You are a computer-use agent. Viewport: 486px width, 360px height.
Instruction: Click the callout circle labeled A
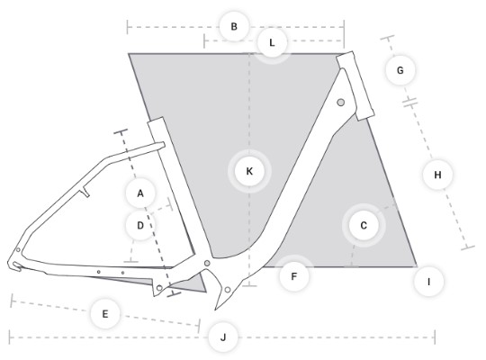140,193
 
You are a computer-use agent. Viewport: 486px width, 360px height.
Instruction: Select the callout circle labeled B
234,26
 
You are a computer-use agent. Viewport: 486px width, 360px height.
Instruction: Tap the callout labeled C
364,225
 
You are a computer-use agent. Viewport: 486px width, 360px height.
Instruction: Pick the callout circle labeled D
140,225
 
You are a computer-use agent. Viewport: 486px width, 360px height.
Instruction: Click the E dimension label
105,314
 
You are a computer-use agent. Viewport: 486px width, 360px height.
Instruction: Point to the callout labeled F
293,276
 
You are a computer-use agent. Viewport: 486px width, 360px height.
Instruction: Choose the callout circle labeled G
400,70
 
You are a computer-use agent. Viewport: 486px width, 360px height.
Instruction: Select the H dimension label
437,175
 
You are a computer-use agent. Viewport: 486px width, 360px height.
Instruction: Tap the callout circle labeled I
428,282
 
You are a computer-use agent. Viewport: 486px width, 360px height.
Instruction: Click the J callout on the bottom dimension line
223,337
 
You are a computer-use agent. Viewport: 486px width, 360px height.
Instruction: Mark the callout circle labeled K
249,171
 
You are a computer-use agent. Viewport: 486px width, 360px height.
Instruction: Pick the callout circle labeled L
272,42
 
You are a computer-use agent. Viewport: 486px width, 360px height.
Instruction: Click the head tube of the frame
355,85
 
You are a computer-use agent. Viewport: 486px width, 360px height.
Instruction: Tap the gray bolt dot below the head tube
340,103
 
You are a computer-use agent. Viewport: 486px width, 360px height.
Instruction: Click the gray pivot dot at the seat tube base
207,264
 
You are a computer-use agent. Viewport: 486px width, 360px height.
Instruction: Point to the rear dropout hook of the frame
14,266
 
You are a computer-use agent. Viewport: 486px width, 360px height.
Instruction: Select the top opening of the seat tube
156,120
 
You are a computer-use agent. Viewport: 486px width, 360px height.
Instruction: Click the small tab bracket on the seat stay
85,193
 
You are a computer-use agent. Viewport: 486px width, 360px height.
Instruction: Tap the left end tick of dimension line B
128,27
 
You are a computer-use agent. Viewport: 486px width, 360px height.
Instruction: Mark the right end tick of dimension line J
435,337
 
